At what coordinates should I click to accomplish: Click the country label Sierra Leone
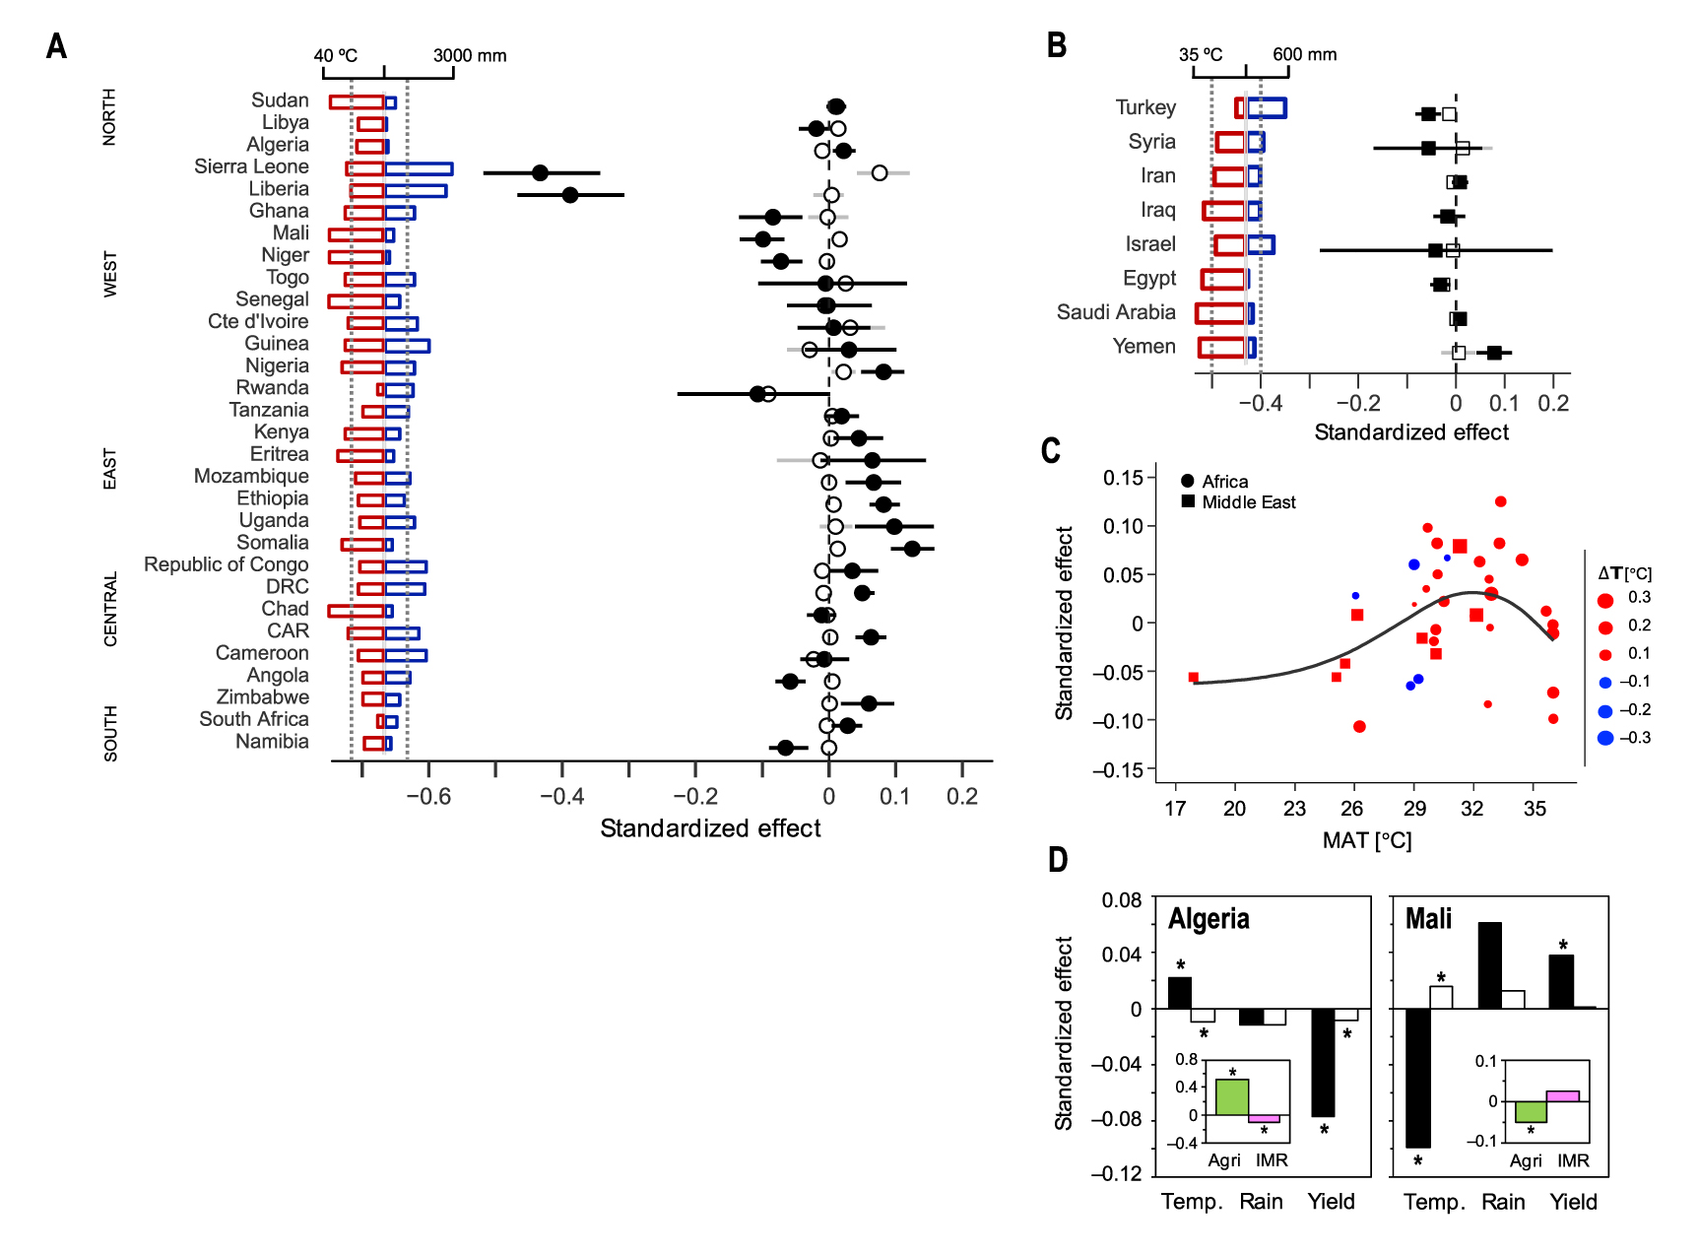click(x=251, y=166)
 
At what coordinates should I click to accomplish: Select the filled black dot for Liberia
click(x=570, y=195)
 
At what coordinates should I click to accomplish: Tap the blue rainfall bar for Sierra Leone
click(x=419, y=169)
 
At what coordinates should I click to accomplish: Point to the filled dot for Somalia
click(x=912, y=548)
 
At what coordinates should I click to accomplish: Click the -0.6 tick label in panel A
click(x=428, y=796)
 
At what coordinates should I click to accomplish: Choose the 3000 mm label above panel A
click(x=470, y=55)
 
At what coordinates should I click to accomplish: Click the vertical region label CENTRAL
click(x=110, y=609)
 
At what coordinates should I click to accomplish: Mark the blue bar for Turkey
click(x=1267, y=108)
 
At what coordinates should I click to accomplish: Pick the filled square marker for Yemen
click(x=1494, y=353)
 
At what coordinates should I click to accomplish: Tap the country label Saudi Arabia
click(x=1116, y=312)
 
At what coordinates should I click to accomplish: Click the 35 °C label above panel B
click(x=1201, y=54)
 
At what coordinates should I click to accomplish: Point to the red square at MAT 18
click(x=1194, y=678)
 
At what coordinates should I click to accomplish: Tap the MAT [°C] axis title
click(x=1366, y=840)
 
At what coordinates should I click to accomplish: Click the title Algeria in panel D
click(x=1209, y=919)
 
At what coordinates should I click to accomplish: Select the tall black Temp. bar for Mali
click(x=1417, y=1078)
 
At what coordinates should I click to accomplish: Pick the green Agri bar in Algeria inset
click(x=1232, y=1097)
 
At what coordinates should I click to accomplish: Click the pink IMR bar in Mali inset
click(x=1563, y=1095)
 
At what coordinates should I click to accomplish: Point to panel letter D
click(x=1058, y=860)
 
